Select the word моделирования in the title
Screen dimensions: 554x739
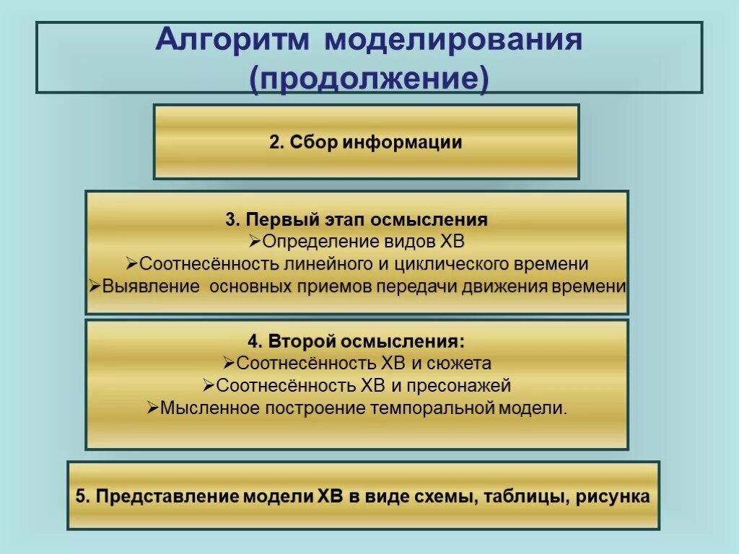tap(452, 40)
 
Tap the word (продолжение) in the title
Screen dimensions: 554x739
tap(369, 78)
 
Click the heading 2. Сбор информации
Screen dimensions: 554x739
tap(366, 142)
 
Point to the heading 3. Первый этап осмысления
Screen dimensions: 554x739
tap(357, 219)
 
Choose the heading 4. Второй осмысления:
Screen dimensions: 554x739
tap(357, 341)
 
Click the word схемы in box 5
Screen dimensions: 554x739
tap(445, 497)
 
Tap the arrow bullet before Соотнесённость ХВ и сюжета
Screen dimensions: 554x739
tap(228, 364)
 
